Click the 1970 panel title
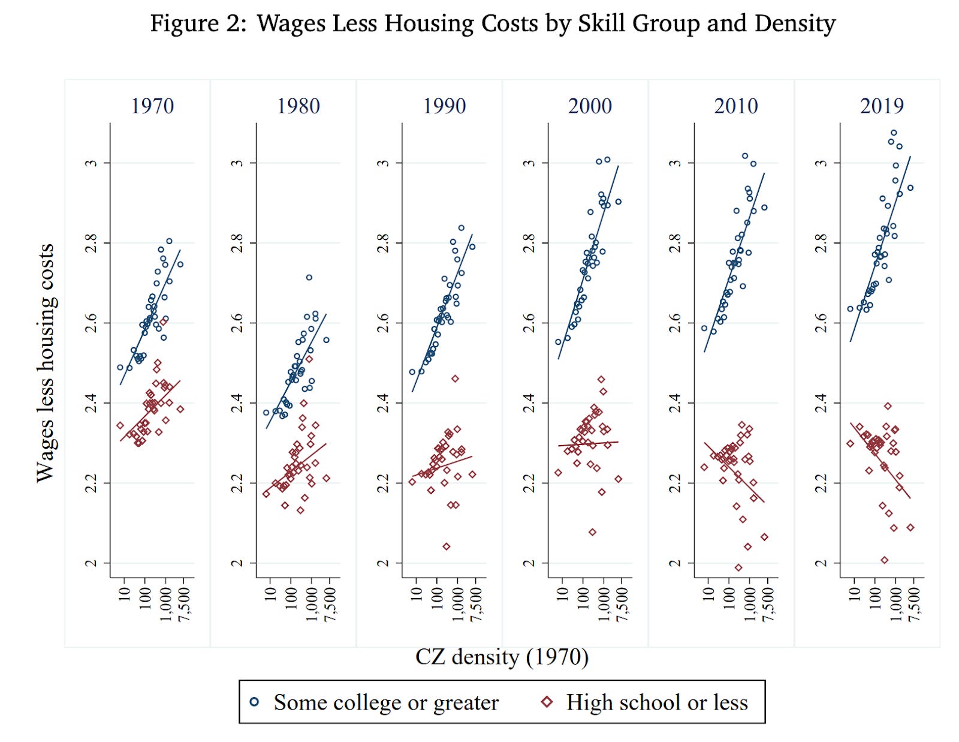(152, 106)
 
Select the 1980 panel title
(298, 106)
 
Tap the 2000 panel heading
(590, 106)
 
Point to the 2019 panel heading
(882, 106)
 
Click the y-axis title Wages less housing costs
(45, 362)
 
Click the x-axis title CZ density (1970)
(502, 657)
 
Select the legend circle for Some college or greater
(255, 702)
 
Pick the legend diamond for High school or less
(547, 702)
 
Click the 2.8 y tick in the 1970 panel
(91, 243)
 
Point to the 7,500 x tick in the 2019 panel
(913, 604)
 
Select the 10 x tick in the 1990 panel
(416, 594)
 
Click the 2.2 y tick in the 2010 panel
(674, 483)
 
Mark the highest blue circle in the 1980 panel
(309, 278)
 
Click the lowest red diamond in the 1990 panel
(447, 546)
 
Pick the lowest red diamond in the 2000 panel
(592, 532)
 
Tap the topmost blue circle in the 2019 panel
(894, 133)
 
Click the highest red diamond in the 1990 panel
(455, 378)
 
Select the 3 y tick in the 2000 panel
(529, 163)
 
